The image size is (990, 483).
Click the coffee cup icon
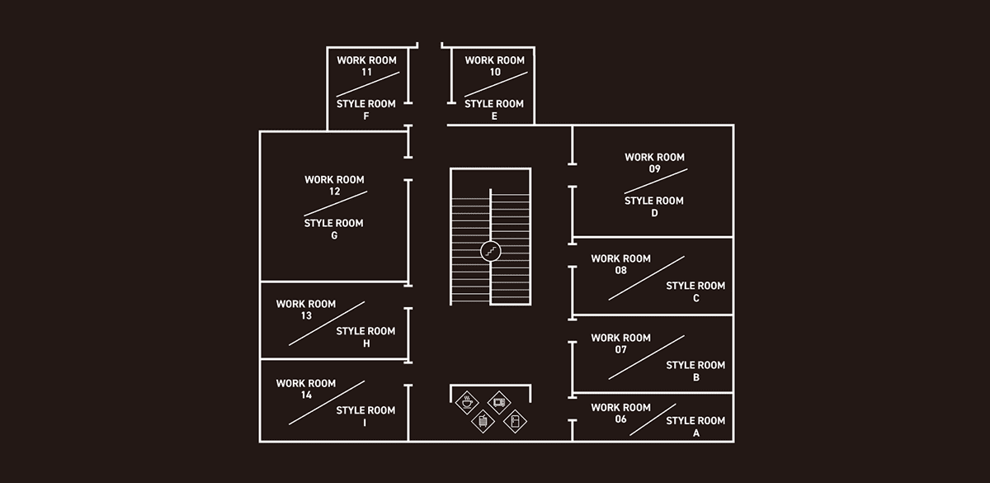click(467, 402)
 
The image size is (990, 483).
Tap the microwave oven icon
click(498, 403)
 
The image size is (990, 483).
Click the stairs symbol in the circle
click(491, 250)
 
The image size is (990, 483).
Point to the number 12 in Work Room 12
click(334, 192)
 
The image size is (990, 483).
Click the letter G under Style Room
click(334, 235)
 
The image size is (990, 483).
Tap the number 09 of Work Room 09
click(654, 169)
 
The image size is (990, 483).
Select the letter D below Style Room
click(654, 213)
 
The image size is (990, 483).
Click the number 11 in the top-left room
click(366, 72)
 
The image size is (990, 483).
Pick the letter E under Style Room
click(494, 116)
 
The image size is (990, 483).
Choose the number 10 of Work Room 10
click(494, 72)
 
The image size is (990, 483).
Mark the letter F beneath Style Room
click(365, 116)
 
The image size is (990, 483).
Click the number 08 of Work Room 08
click(620, 270)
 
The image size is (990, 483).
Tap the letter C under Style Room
click(695, 298)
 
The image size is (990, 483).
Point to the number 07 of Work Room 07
click(620, 349)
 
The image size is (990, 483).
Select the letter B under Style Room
click(695, 377)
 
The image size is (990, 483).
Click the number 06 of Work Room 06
click(620, 419)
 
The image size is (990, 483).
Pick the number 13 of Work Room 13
click(306, 315)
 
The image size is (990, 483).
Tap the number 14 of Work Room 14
click(306, 395)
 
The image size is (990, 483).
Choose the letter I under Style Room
click(365, 423)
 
